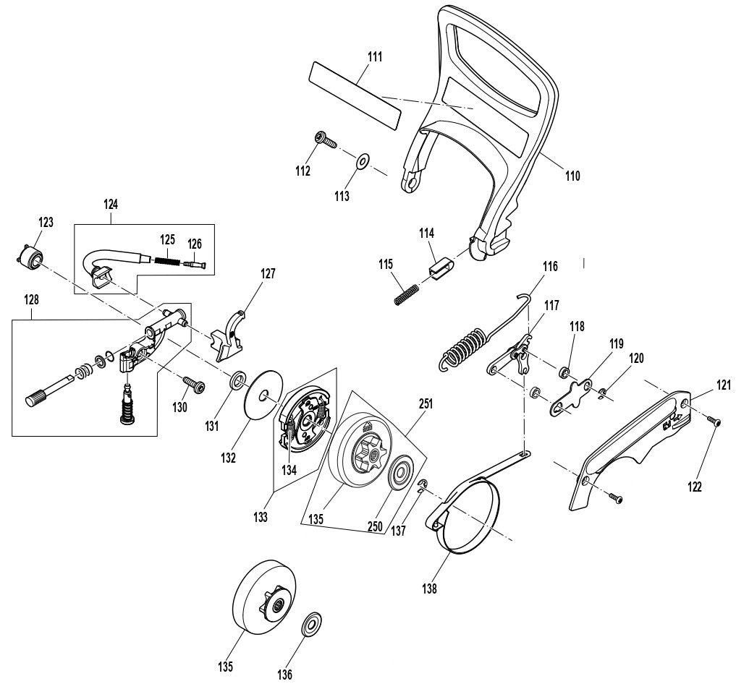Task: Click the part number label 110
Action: coord(572,175)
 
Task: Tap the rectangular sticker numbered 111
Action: coord(355,93)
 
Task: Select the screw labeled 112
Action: coord(323,140)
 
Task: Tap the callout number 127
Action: coord(268,274)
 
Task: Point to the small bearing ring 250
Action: coord(399,478)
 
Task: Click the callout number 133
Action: coord(261,517)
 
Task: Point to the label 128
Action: coord(32,299)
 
